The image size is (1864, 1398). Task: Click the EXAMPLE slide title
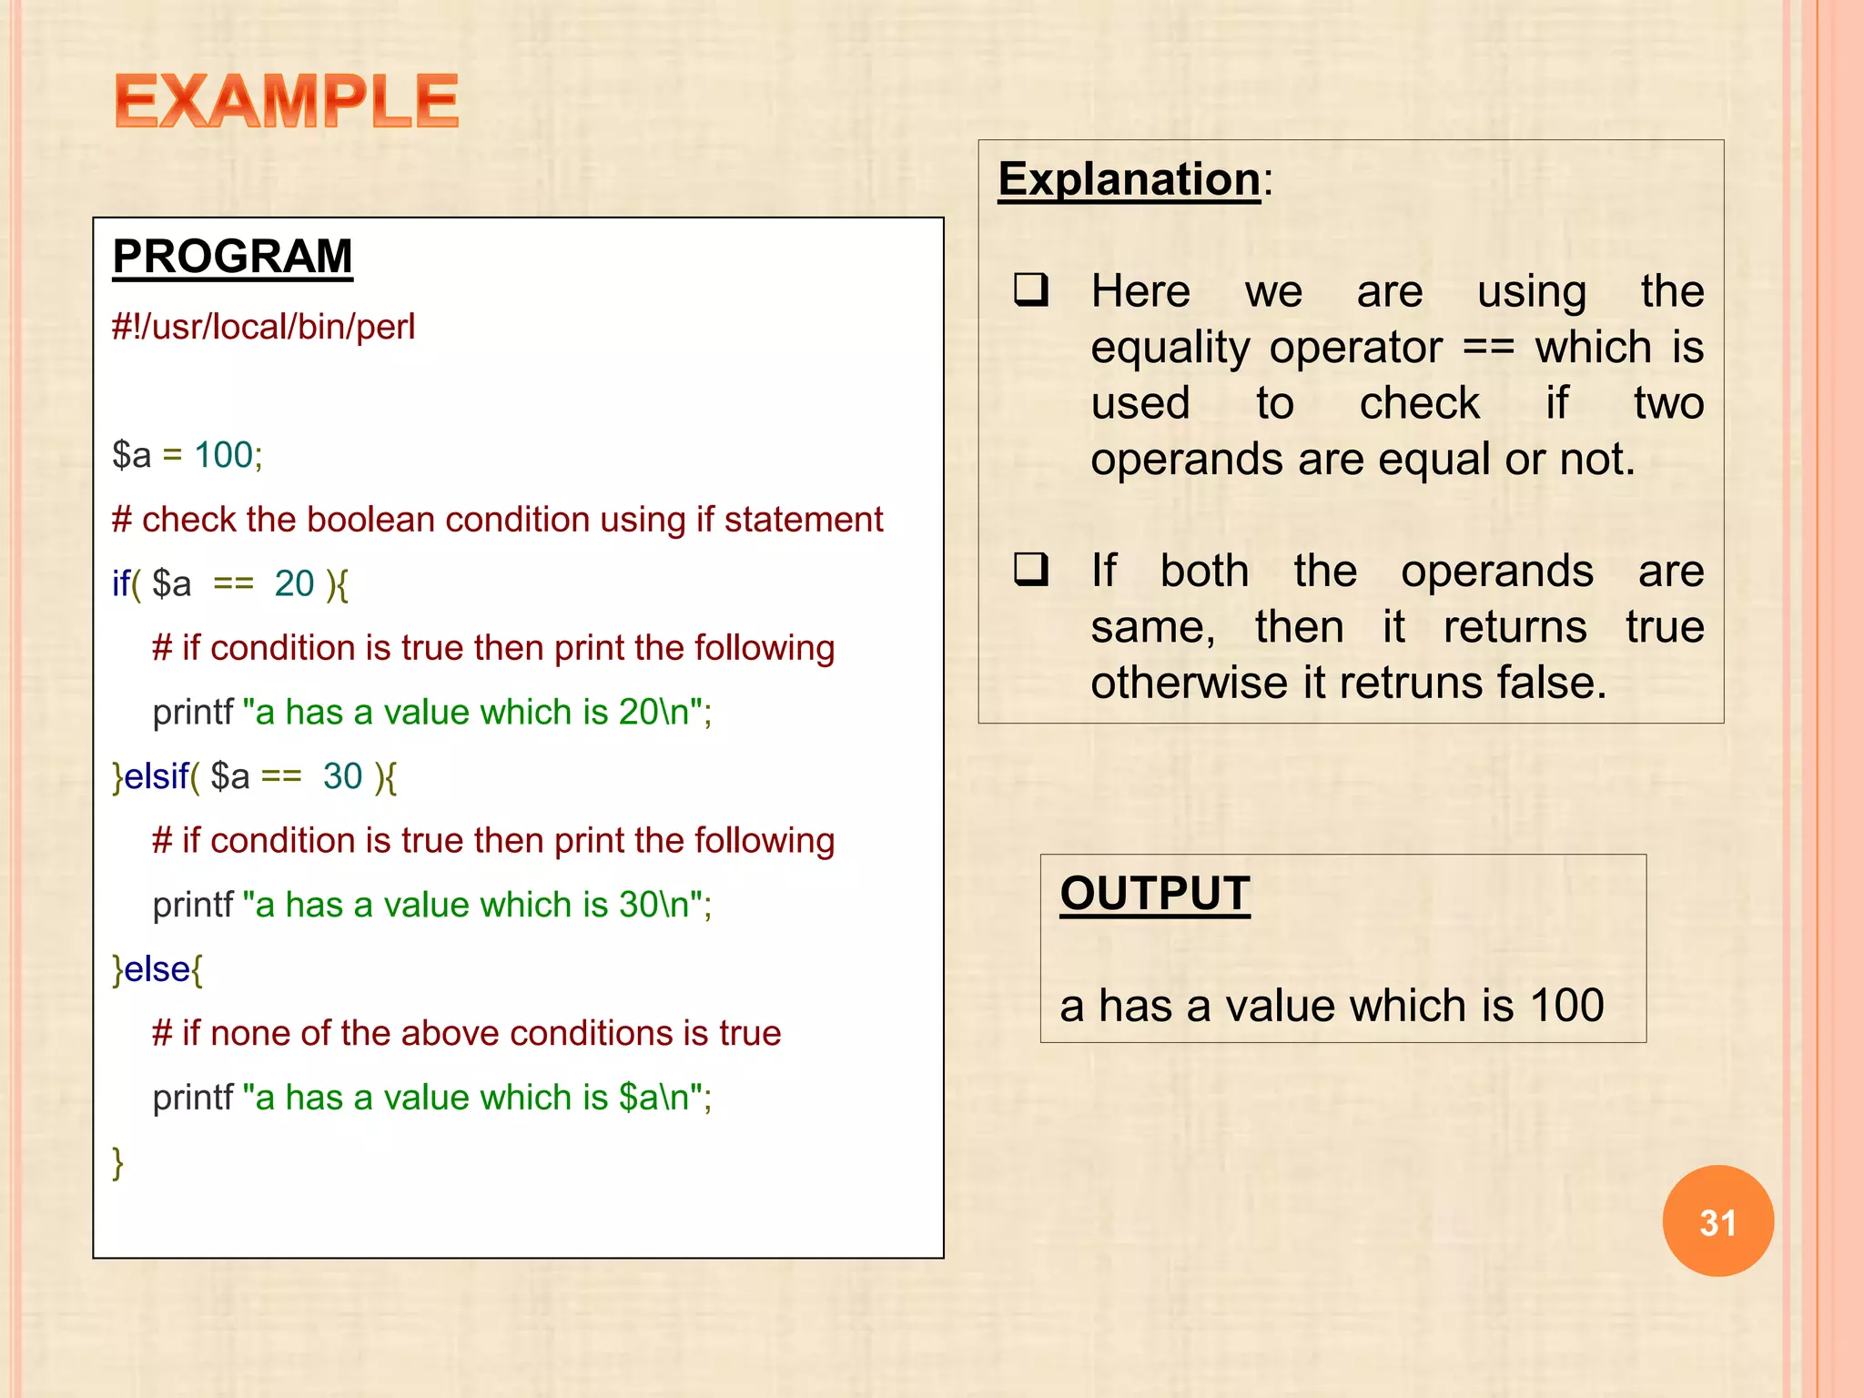(286, 101)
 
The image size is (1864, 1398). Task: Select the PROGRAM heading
(232, 256)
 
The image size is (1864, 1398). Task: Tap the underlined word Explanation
(1129, 178)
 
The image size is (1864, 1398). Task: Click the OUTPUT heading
(1154, 893)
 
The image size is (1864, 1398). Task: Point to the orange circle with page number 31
(1717, 1221)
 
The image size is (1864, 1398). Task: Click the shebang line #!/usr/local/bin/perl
(263, 327)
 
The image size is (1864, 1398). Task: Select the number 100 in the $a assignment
(224, 455)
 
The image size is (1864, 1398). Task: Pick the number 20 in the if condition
(294, 583)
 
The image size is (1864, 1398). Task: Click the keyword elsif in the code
(157, 776)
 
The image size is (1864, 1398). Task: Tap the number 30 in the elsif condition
(342, 776)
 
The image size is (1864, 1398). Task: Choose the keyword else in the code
(157, 969)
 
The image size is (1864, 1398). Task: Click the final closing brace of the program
(117, 1162)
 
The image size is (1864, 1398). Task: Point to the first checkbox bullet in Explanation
(1032, 290)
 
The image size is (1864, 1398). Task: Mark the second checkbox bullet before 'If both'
(1032, 570)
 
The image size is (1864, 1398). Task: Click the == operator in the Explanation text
(1488, 348)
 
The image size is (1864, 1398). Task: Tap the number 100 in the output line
(1566, 1006)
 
